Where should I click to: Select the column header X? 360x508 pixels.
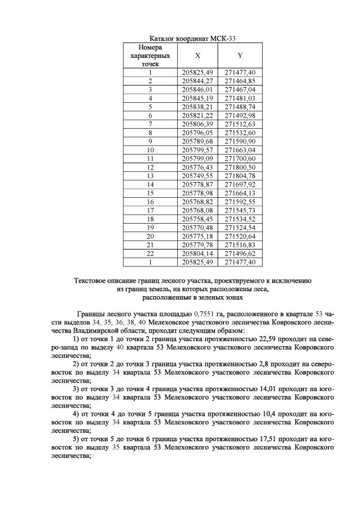(197, 56)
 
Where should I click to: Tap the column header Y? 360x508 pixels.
(240, 56)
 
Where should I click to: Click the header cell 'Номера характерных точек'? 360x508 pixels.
(150, 56)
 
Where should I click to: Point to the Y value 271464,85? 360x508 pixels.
(240, 81)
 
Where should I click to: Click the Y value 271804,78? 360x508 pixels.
(240, 176)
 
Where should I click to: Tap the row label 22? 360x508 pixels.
(150, 253)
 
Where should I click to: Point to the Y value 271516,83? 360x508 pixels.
(240, 245)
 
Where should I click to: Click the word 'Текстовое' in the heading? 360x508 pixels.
(92, 280)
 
